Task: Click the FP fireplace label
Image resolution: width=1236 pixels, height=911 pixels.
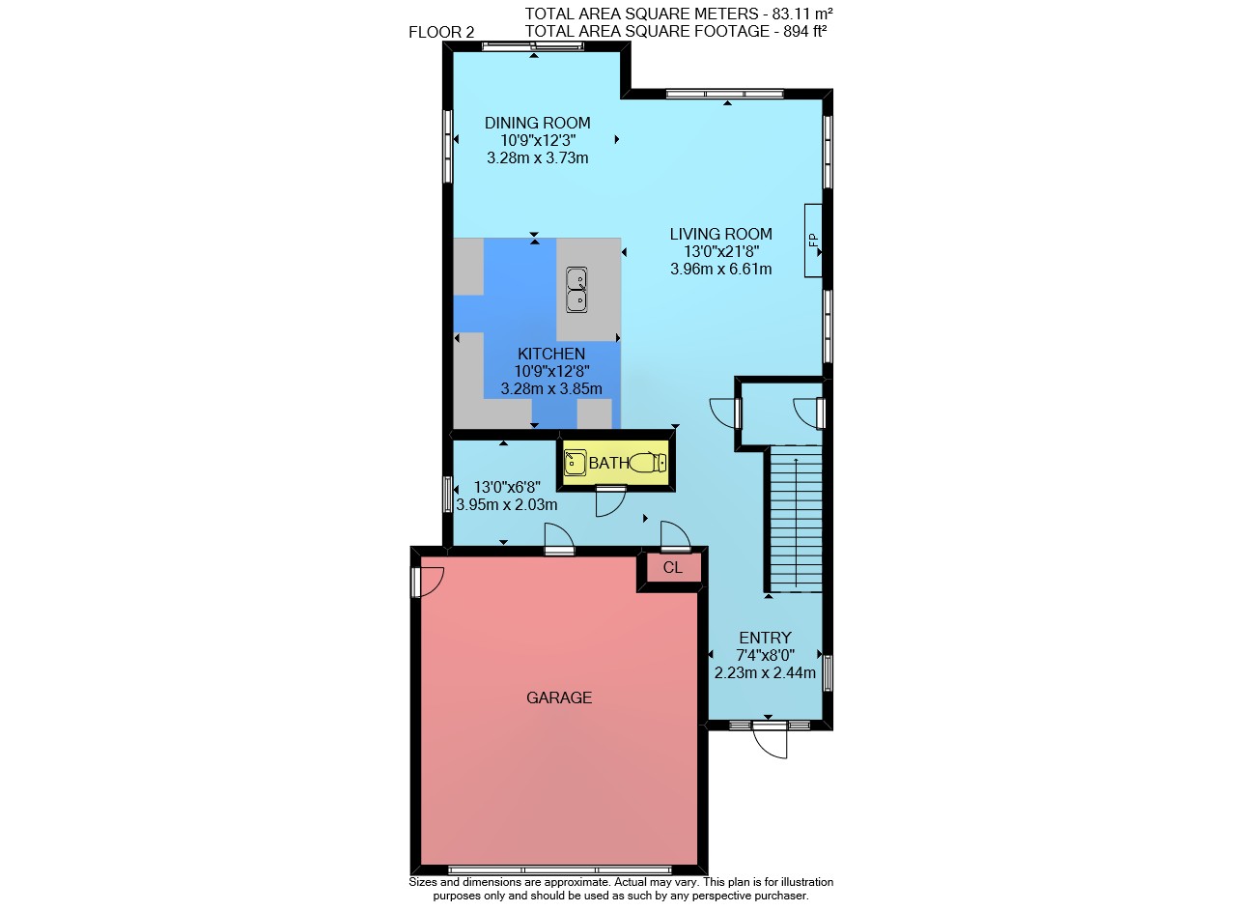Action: point(813,241)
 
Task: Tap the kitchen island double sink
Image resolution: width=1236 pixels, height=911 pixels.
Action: point(576,290)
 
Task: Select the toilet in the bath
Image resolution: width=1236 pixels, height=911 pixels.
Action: point(648,462)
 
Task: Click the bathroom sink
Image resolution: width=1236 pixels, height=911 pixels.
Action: point(575,463)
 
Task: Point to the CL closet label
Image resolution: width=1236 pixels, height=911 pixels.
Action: point(673,568)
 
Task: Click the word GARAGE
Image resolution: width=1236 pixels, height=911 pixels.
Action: point(559,697)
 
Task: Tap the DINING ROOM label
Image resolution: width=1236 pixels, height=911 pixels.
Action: point(538,123)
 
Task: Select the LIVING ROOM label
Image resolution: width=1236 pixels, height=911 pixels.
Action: point(720,234)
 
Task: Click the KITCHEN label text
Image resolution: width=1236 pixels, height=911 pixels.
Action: point(551,354)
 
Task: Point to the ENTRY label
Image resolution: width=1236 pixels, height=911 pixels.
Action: point(765,639)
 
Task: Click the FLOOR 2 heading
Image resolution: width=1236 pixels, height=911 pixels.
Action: point(441,32)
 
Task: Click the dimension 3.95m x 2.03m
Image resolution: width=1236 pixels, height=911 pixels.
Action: point(507,504)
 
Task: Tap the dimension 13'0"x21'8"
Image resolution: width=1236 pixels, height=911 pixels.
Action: point(721,252)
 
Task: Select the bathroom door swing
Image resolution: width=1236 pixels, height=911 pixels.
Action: point(611,502)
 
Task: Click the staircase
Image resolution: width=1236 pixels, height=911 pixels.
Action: point(795,519)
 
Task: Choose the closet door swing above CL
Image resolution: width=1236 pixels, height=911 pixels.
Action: point(676,534)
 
